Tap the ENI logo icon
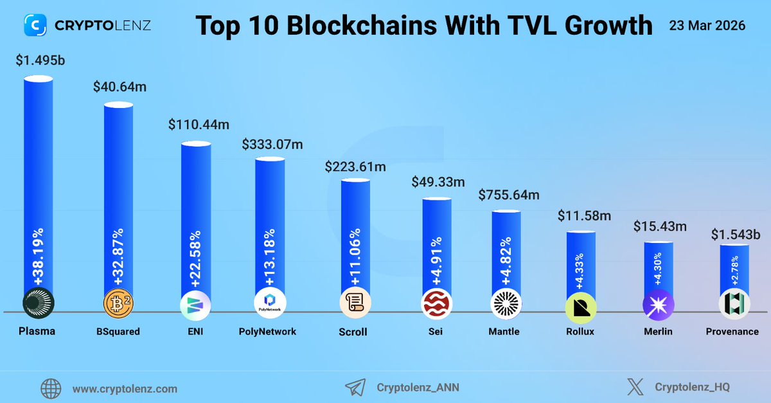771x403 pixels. click(194, 304)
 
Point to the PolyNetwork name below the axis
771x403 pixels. click(267, 332)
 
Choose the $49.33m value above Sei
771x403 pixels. click(438, 182)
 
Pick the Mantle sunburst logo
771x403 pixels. click(506, 304)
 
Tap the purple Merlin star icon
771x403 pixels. click(659, 304)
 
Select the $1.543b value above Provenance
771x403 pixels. click(734, 235)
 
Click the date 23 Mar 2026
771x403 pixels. click(707, 26)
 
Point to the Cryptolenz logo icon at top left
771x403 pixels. click(36, 26)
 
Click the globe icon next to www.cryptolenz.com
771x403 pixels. click(51, 388)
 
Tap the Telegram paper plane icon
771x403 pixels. click(355, 388)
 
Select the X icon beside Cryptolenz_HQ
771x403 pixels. click(635, 388)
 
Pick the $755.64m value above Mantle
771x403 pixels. click(509, 195)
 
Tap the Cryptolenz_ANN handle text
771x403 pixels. click(418, 388)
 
